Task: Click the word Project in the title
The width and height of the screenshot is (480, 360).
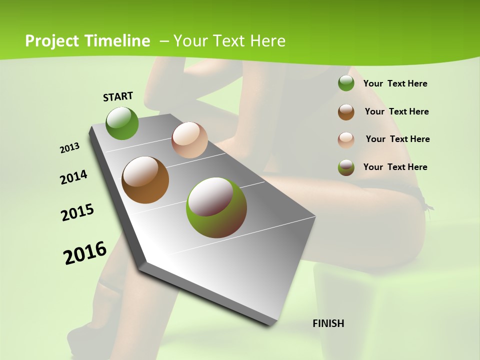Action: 51,41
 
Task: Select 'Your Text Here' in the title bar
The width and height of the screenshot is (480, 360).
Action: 229,41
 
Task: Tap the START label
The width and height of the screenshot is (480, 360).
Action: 118,96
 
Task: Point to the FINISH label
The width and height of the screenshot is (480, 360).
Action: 328,323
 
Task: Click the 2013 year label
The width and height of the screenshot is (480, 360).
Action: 70,148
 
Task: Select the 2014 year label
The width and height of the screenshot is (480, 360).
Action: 74,177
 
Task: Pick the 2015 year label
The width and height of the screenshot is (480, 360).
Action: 77,212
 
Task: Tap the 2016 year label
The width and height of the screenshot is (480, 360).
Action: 85,253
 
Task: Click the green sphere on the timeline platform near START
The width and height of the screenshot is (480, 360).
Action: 122,123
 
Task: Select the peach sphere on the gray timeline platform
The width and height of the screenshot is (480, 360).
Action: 189,140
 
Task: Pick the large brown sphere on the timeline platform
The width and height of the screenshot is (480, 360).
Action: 145,180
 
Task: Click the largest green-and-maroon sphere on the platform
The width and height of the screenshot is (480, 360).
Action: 216,207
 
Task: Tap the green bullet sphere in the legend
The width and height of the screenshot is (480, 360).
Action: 346,83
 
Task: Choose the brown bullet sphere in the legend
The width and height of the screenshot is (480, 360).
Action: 346,111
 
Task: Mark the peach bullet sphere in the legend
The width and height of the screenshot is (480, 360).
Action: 346,139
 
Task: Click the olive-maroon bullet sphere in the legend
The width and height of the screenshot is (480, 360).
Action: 346,167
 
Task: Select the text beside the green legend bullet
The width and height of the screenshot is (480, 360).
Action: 395,83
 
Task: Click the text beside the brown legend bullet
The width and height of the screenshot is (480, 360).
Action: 396,111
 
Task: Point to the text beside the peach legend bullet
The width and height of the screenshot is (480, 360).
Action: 397,139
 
